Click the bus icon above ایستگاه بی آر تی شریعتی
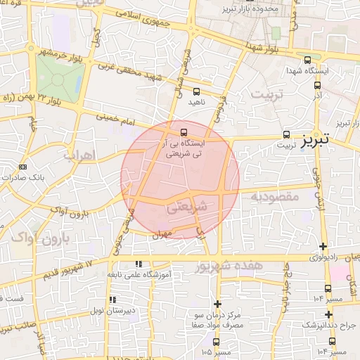[184, 131]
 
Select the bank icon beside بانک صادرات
[22, 167]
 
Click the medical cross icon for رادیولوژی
[323, 246]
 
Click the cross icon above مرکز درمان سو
[217, 304]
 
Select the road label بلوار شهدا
[264, 49]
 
